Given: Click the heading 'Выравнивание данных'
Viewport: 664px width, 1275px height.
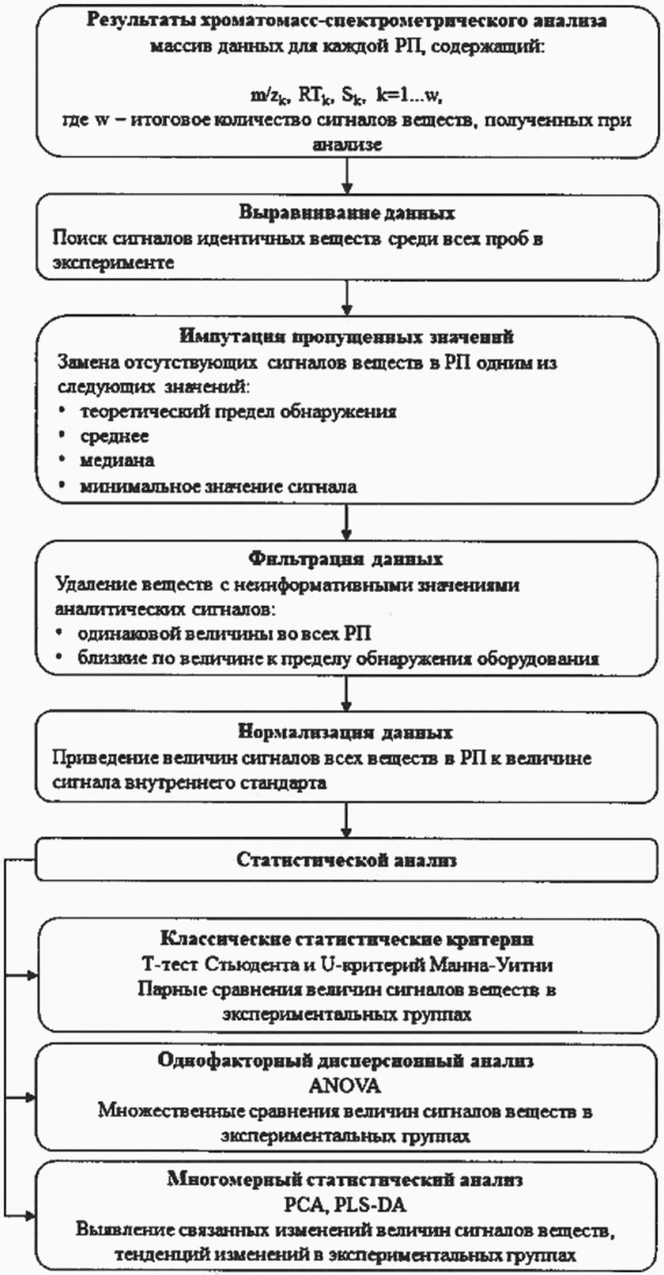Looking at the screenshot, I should tap(347, 213).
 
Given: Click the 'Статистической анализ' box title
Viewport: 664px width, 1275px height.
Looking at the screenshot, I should tap(346, 860).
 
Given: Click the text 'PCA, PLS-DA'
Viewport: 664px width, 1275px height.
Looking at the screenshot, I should tap(345, 1205).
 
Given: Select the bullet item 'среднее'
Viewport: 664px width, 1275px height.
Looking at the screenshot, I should tap(114, 436).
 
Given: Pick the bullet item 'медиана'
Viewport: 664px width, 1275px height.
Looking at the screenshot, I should tap(117, 460).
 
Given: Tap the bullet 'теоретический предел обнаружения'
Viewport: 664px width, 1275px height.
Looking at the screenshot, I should tap(238, 411).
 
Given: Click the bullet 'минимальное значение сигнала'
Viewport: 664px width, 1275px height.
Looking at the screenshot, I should tap(218, 486).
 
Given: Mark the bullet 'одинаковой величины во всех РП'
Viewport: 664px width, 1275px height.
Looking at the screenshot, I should tap(224, 634).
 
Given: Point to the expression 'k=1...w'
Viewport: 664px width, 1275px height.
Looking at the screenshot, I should tap(409, 96).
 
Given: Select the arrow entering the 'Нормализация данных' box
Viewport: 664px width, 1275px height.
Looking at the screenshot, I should tap(347, 693).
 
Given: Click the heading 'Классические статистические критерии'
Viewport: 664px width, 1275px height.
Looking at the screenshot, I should tap(346, 939).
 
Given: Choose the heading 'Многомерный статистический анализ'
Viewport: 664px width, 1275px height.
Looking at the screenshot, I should tap(345, 1180).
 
